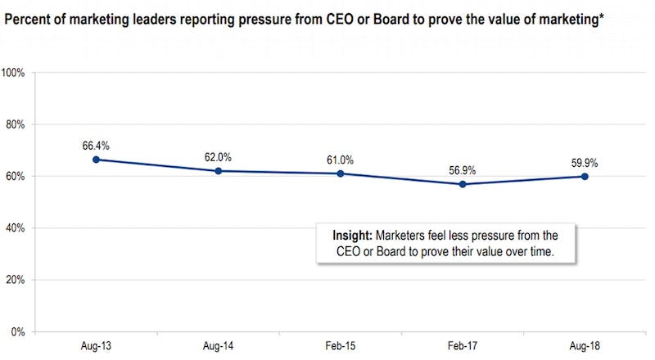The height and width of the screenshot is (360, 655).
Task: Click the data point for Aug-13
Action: coord(96,160)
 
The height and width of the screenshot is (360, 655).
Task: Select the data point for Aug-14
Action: coord(219,171)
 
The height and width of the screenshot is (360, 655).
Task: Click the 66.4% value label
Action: coord(96,146)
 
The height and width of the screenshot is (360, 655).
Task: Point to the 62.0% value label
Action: coord(219,157)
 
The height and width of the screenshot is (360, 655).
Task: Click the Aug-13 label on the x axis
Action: coord(96,347)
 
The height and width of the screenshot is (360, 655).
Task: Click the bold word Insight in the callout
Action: coord(352,235)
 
